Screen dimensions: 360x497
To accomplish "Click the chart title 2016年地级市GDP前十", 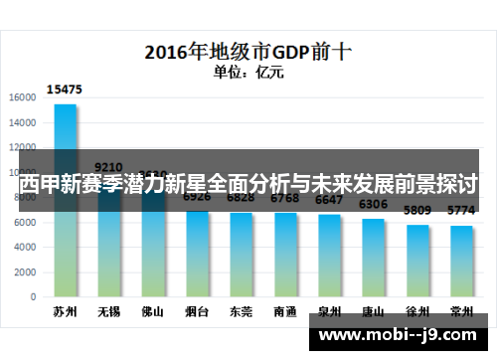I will (249, 49).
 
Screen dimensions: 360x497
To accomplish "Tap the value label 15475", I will (65, 90).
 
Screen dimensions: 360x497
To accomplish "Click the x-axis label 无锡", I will (109, 311).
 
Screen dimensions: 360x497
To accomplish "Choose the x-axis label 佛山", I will (153, 311).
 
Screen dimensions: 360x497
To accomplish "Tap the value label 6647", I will (329, 200).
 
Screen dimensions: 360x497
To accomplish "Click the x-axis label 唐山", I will (373, 311).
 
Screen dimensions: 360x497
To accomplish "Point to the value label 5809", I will (417, 211).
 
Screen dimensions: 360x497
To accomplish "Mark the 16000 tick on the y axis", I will (23, 97).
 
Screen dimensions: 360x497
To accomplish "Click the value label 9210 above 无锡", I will (109, 167).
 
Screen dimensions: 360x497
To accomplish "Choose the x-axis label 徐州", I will (417, 311).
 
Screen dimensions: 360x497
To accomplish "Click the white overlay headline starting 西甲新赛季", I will (248, 185).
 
